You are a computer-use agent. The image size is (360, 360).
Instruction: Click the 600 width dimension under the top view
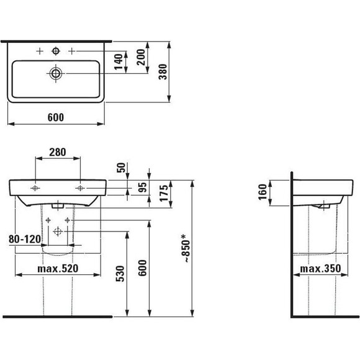pyautogui.click(x=56, y=117)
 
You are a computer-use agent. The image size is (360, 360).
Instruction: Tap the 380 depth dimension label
pyautogui.click(x=163, y=72)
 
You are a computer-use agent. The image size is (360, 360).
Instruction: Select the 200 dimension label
pyautogui.click(x=141, y=57)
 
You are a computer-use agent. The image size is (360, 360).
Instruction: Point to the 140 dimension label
pyautogui.click(x=119, y=62)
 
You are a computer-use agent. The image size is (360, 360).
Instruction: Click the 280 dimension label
pyautogui.click(x=58, y=152)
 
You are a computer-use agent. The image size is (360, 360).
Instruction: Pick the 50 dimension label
pyautogui.click(x=121, y=168)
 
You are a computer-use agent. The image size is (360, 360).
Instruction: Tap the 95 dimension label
pyautogui.click(x=142, y=187)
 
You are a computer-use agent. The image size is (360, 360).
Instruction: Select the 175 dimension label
pyautogui.click(x=164, y=193)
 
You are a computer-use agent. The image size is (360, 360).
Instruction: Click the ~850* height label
pyautogui.click(x=186, y=248)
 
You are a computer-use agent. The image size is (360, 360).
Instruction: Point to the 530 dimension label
pyautogui.click(x=120, y=274)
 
